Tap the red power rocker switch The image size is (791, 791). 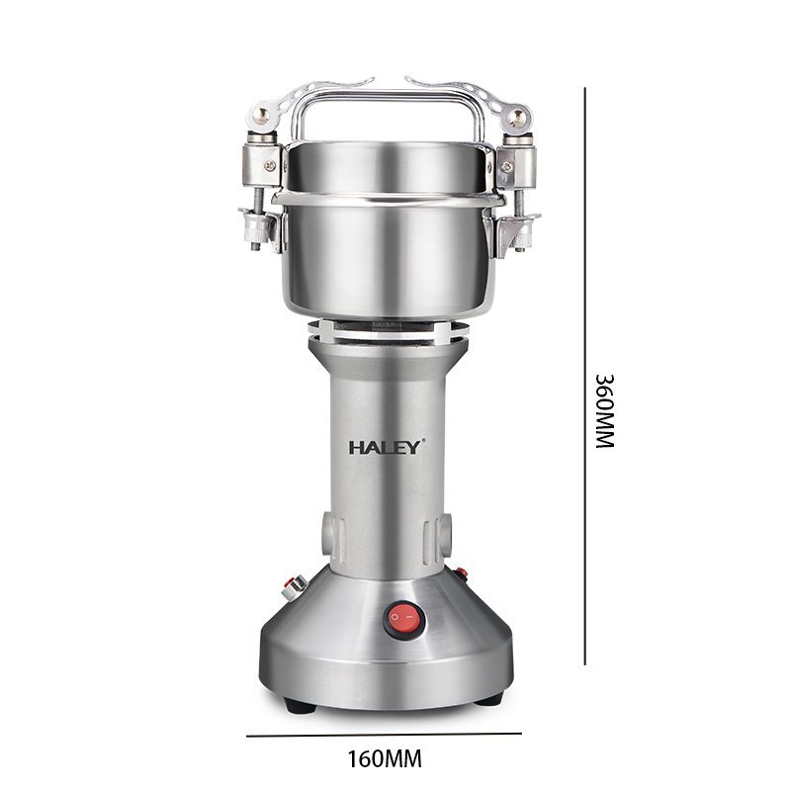[404, 619]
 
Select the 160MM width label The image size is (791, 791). [385, 758]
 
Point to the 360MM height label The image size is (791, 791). [605, 410]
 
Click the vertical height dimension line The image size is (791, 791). [585, 377]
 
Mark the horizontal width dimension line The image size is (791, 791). [384, 735]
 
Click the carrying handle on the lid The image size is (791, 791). [388, 114]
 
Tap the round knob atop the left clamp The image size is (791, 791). [261, 117]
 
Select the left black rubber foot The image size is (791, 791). [300, 705]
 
